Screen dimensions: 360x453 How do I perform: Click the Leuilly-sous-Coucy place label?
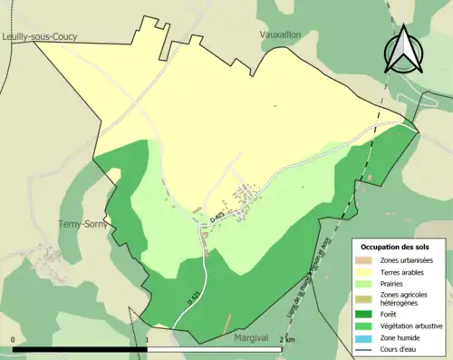pyautogui.click(x=39, y=36)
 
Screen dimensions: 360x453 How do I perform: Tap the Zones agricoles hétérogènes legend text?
pyautogui.click(x=404, y=298)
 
